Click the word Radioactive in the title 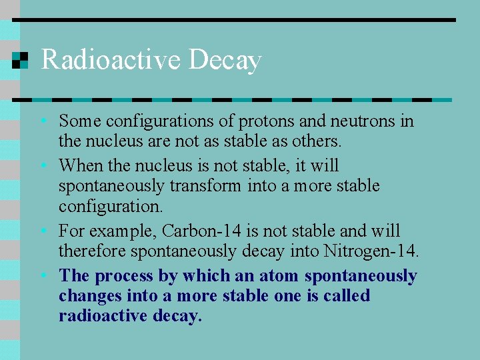(x=111, y=60)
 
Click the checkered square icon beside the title (x=21, y=61)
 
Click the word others (x=317, y=141)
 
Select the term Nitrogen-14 (x=371, y=251)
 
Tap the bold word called (x=346, y=296)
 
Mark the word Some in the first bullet (x=79, y=121)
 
